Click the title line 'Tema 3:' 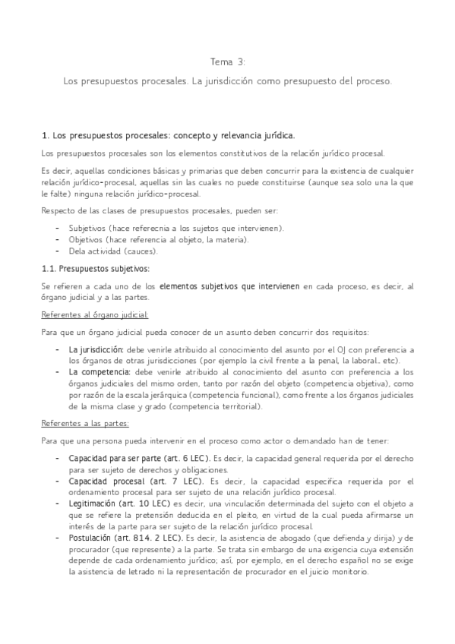(228, 62)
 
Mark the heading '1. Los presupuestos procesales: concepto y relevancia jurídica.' (169, 135)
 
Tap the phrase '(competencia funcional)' (232, 395)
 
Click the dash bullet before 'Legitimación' (58, 505)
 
